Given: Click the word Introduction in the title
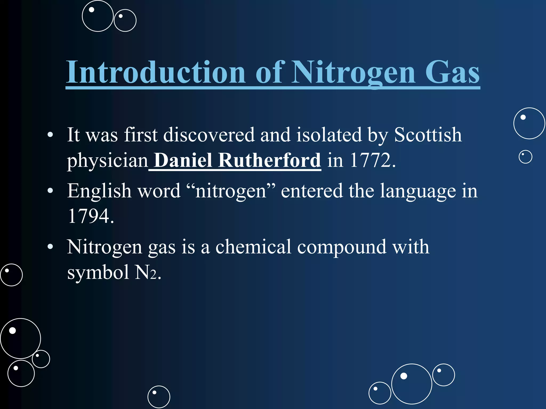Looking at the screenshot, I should [x=156, y=72].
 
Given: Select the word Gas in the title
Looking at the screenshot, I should [x=452, y=72].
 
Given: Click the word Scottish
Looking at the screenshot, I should [x=428, y=135].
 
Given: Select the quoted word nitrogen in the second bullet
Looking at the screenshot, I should [x=231, y=191].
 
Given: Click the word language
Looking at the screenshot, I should [x=418, y=191].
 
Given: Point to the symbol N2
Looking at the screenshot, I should [x=146, y=272].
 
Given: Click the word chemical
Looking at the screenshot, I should [x=253, y=247].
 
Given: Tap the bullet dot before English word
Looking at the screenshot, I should [x=50, y=191].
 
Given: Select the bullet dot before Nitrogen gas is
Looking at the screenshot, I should [x=50, y=247].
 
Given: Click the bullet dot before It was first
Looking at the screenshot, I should [x=50, y=135].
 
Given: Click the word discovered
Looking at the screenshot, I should [x=209, y=135].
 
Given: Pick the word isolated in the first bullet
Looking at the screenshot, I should [x=329, y=135].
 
